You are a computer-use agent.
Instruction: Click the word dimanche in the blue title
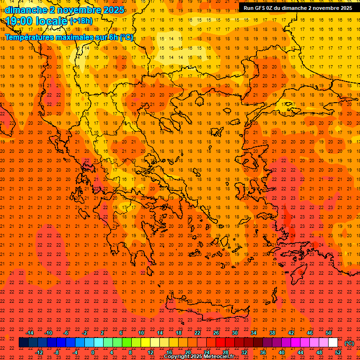pyautogui.click(x=25, y=10)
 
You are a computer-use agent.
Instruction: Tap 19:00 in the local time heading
pyautogui.click(x=19, y=21)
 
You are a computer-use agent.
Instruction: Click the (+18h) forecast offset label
pyautogui.click(x=81, y=21)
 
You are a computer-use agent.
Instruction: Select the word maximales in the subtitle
pyautogui.click(x=78, y=37)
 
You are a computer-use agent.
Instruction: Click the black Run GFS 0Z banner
pyautogui.click(x=298, y=7)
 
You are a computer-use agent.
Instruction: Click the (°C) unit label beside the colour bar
pyautogui.click(x=349, y=343)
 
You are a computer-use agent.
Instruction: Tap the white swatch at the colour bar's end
pyautogui.click(x=333, y=343)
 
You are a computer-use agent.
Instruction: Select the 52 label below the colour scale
pyautogui.click(x=338, y=352)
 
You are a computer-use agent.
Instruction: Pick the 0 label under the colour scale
pyautogui.click(x=93, y=352)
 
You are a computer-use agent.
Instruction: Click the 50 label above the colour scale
pyautogui.click(x=329, y=333)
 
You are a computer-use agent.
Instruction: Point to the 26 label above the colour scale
pyautogui.click(x=216, y=333)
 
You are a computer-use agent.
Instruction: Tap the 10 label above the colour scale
pyautogui.click(x=141, y=333)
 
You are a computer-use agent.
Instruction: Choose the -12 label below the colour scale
pyautogui.click(x=39, y=352)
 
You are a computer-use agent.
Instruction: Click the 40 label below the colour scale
pyautogui.click(x=282, y=352)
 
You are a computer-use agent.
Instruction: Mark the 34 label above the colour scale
pyautogui.click(x=254, y=333)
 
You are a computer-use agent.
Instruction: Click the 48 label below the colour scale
pyautogui.click(x=319, y=352)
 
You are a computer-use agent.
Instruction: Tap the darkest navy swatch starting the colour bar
pyautogui.click(x=23, y=343)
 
